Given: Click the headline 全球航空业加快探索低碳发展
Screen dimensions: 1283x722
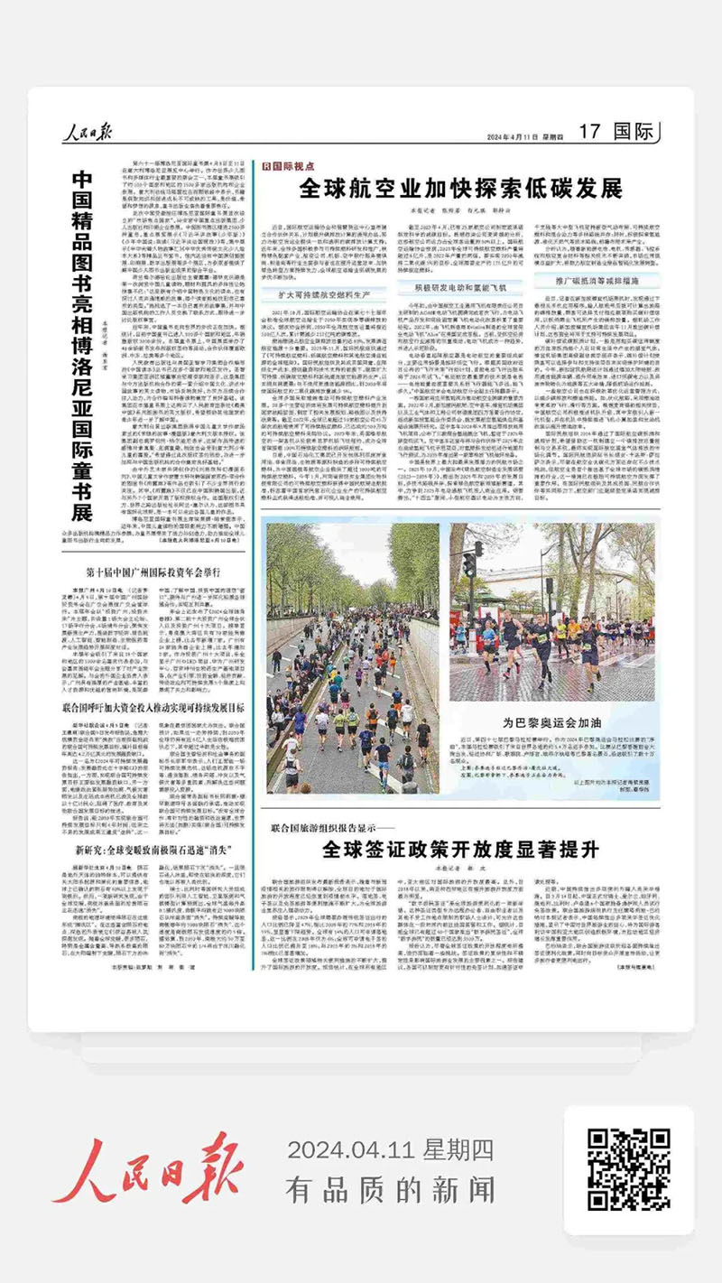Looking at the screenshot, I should tap(461, 189).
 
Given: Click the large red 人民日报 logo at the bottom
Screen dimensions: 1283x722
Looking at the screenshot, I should tap(152, 1168).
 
